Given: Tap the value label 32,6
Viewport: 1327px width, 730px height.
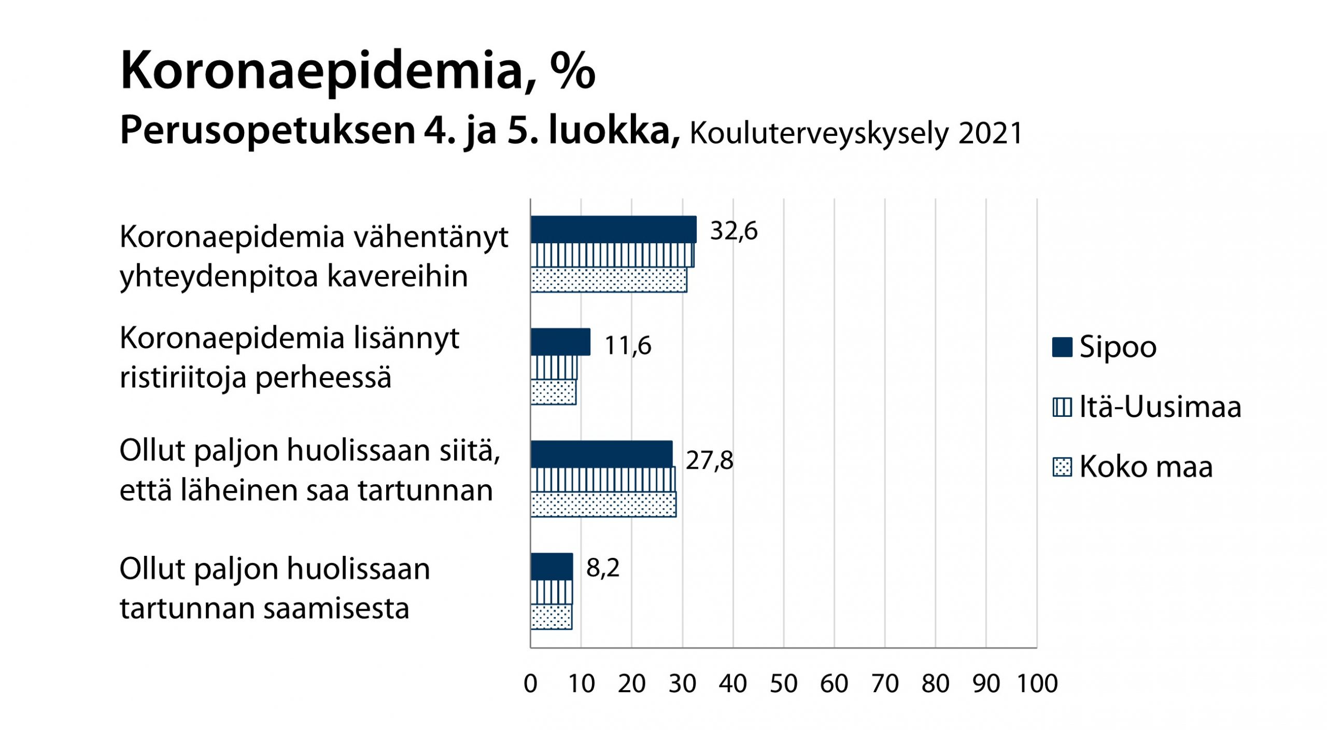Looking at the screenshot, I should pyautogui.click(x=733, y=231).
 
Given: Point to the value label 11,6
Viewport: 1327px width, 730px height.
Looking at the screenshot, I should pyautogui.click(x=628, y=346).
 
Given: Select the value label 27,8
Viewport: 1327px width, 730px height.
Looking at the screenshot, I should pyautogui.click(x=709, y=461).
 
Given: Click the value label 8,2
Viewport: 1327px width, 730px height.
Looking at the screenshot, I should pyautogui.click(x=603, y=568).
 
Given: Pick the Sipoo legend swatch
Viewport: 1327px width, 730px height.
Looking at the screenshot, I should pyautogui.click(x=1062, y=347).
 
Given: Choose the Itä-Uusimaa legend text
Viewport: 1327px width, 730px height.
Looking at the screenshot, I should pyautogui.click(x=1160, y=407).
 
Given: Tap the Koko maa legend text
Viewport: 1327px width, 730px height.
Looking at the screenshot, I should pyautogui.click(x=1146, y=467).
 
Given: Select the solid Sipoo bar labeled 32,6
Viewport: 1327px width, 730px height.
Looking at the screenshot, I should pyautogui.click(x=613, y=230).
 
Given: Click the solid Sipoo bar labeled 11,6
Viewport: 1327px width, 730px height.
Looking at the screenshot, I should pyautogui.click(x=560, y=342).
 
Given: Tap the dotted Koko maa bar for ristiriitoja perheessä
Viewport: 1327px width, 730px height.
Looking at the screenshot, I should pyautogui.click(x=553, y=392).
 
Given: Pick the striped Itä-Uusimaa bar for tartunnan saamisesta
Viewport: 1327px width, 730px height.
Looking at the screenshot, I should pyautogui.click(x=552, y=592).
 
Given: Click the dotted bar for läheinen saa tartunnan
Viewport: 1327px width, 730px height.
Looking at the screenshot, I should pyautogui.click(x=603, y=504).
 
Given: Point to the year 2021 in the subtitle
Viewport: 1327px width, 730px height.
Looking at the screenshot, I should pyautogui.click(x=990, y=134).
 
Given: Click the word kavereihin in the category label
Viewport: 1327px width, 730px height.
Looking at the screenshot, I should pyautogui.click(x=398, y=277).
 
